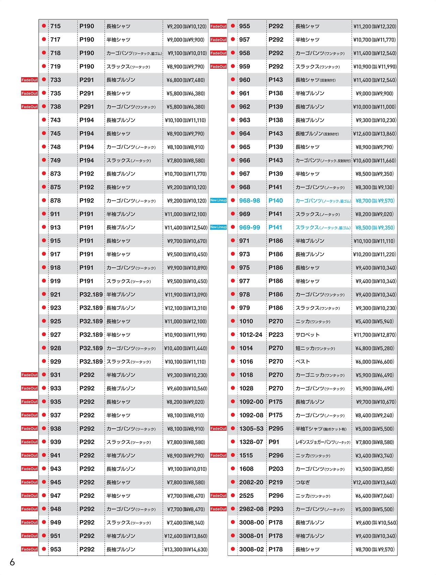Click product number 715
[x=56, y=26]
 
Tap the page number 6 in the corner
[x=12, y=562]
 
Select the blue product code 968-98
[x=249, y=201]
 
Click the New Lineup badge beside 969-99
[x=218, y=227]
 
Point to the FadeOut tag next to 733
[x=30, y=80]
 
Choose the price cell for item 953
[x=186, y=549]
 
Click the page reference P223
[x=276, y=335]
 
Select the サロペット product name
[x=308, y=335]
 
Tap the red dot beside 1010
[x=233, y=321]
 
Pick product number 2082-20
[x=251, y=482]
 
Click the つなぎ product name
[x=303, y=482]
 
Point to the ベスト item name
[x=303, y=362]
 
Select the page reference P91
[x=274, y=442]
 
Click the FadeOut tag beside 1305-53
[x=218, y=429]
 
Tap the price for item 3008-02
[x=375, y=549]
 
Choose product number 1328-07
[x=251, y=442]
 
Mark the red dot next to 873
[x=44, y=174]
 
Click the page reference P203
[x=276, y=469]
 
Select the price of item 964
[x=375, y=134]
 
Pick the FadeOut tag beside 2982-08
[x=218, y=509]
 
